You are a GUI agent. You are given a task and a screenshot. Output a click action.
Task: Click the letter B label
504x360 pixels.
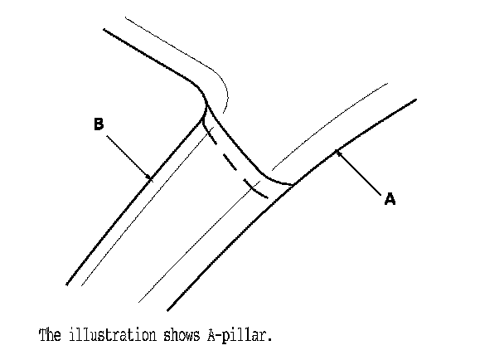pos(98,124)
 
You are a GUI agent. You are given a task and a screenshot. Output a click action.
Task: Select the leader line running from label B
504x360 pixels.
pos(128,155)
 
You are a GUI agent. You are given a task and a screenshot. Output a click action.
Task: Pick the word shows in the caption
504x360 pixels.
pos(178,336)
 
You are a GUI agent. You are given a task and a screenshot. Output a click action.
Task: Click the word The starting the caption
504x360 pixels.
pos(50,336)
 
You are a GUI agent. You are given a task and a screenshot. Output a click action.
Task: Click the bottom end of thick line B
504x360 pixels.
pos(67,283)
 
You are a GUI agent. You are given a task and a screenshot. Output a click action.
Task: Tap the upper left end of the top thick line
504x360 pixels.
pos(104,30)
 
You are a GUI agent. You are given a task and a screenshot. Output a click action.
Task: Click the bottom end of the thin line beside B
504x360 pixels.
pos(81,283)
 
